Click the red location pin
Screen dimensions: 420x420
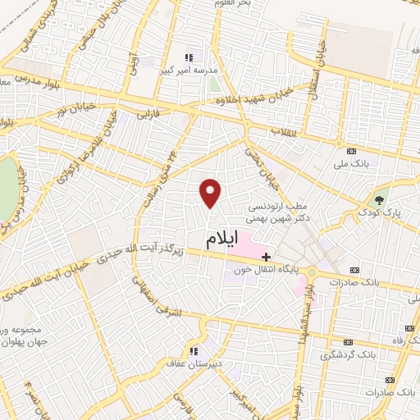211,192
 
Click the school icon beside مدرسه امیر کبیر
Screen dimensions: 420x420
189,57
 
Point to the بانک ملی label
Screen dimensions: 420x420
352,163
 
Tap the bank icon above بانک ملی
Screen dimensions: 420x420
353,151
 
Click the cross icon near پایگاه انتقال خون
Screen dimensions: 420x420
266,256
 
